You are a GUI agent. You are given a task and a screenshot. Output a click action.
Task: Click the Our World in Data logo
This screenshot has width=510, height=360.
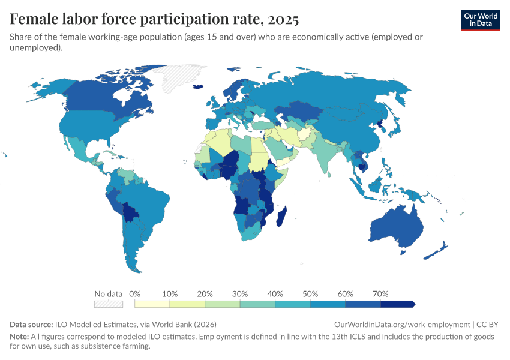480,20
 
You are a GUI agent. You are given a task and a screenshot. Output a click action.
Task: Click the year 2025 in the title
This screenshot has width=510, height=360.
281,20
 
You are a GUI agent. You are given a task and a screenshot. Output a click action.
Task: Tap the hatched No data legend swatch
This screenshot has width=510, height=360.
108,304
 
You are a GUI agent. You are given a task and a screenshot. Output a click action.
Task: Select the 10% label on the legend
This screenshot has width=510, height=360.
170,294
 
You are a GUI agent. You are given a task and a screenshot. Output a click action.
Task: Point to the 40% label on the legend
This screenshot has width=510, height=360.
275,294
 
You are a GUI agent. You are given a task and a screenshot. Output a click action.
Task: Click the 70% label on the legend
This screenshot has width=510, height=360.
380,294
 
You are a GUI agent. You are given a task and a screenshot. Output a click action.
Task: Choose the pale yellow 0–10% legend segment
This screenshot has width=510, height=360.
152,304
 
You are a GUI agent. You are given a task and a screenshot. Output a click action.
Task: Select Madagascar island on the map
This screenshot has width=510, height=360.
281,216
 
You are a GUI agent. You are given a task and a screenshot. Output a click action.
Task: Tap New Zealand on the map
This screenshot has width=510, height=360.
437,251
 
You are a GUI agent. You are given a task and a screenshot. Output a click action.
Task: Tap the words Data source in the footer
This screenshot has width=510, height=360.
31,324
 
